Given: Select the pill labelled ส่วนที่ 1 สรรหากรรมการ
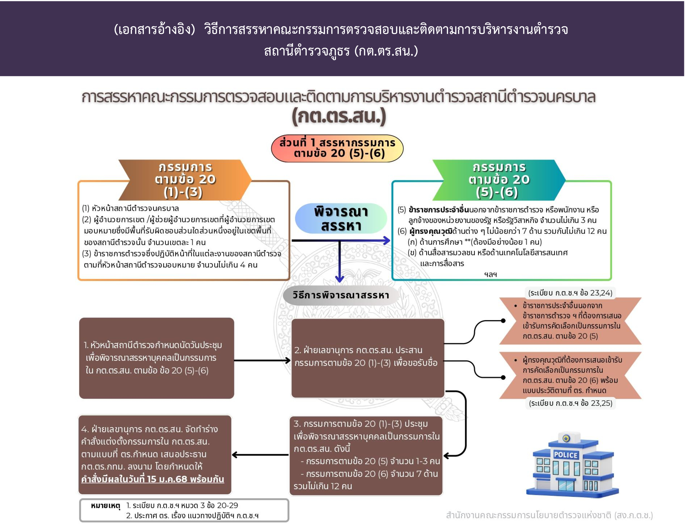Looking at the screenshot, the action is [337, 148].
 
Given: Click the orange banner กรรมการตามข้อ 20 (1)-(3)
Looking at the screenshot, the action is [185, 180].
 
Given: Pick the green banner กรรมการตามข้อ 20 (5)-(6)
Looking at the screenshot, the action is [499, 180].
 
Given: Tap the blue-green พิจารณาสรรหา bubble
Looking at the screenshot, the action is [341, 218].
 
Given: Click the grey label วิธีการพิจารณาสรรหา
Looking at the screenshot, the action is [341, 295].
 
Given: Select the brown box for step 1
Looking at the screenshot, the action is [157, 358].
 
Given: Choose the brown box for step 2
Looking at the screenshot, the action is [368, 358].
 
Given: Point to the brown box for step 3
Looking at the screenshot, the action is [366, 455].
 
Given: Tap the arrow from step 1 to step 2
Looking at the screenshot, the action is [262, 360].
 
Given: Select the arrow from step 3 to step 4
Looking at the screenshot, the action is [260, 455].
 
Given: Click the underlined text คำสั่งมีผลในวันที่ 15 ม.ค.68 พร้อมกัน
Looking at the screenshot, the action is [153, 479].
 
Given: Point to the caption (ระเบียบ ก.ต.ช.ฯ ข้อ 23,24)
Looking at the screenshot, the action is [570, 293].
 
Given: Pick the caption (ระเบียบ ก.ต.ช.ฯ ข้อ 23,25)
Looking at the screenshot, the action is [570, 403].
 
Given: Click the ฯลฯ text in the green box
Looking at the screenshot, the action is [490, 274].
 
